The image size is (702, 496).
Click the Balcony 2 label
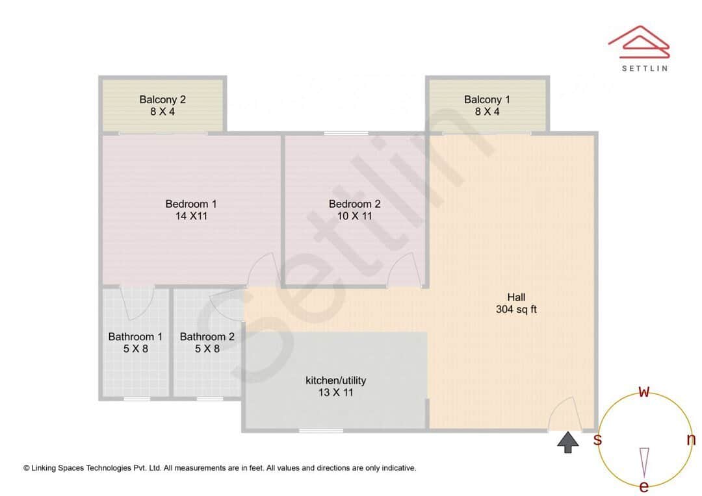[x=162, y=99]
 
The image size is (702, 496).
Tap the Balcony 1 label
[x=487, y=99]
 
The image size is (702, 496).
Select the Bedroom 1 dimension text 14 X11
[x=191, y=216]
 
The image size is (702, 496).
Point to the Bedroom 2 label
[x=354, y=204]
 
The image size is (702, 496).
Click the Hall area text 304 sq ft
[x=516, y=310]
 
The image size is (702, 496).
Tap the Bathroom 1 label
[x=135, y=336]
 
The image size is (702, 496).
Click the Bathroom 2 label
[x=207, y=336]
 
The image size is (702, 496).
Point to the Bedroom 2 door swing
[x=404, y=269]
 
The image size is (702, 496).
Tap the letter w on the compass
[x=644, y=391]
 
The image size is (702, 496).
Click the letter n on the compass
[x=691, y=440]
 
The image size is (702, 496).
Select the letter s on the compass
[x=597, y=440]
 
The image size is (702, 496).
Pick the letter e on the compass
[x=644, y=486]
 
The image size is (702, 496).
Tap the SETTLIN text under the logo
[x=644, y=67]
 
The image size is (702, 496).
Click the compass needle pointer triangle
[x=644, y=462]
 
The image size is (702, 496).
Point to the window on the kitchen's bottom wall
[x=320, y=430]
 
